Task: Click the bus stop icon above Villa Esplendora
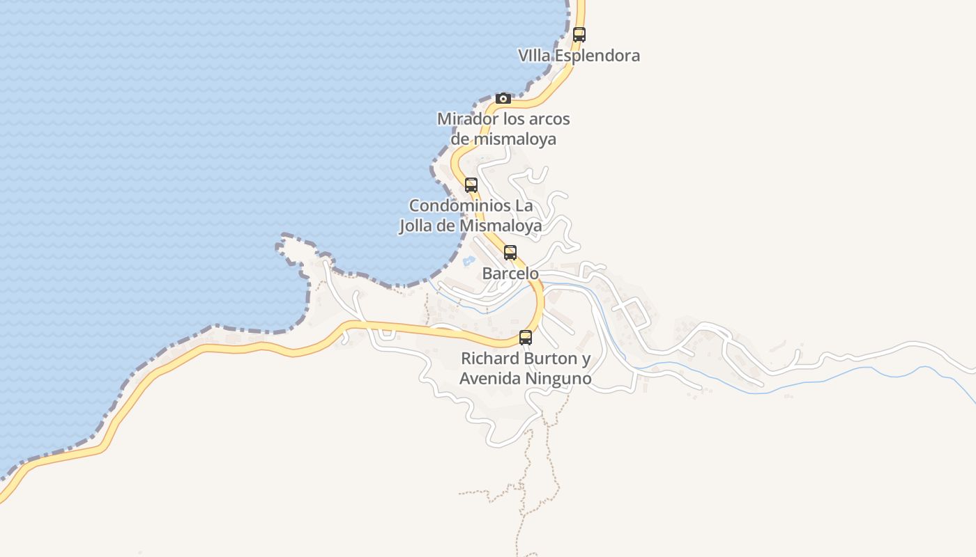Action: [x=579, y=34]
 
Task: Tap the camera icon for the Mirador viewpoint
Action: [x=503, y=98]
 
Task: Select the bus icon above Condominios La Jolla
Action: [x=471, y=185]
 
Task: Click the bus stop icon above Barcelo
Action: [x=510, y=253]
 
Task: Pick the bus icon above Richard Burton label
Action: [x=526, y=338]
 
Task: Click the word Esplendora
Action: [x=598, y=56]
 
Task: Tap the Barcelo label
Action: [x=510, y=274]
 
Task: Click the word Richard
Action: [x=490, y=359]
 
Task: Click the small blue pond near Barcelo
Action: [x=468, y=261]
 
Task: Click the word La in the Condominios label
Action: [x=524, y=206]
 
